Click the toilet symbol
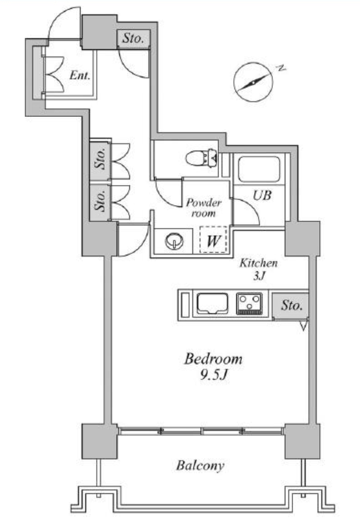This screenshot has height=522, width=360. pyautogui.click(x=201, y=158)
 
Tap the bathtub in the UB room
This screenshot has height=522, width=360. pyautogui.click(x=259, y=169)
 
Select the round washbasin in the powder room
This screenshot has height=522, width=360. pyautogui.click(x=174, y=241)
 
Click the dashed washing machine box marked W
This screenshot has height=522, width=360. pyautogui.click(x=213, y=240)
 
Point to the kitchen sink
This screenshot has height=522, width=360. pyautogui.click(x=212, y=304)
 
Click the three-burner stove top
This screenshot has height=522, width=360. pyautogui.click(x=250, y=304)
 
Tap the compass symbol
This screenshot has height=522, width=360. pyautogui.click(x=253, y=82)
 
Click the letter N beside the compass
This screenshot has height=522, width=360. pyautogui.click(x=281, y=69)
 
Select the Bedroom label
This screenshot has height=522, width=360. pyautogui.click(x=213, y=359)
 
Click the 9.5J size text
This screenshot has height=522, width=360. pyautogui.click(x=214, y=375)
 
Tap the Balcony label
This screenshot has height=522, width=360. pyautogui.click(x=200, y=466)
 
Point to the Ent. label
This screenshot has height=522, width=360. pyautogui.click(x=80, y=75)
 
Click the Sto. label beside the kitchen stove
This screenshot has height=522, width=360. pyautogui.click(x=292, y=305)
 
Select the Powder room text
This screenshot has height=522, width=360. pyautogui.click(x=203, y=208)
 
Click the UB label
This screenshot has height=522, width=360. pyautogui.click(x=262, y=195)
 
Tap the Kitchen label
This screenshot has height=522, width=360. pyautogui.click(x=259, y=263)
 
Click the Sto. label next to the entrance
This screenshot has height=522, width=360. pyautogui.click(x=133, y=38)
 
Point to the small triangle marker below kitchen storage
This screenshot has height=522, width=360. pyautogui.click(x=303, y=325)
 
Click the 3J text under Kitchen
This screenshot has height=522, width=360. pyautogui.click(x=259, y=276)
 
